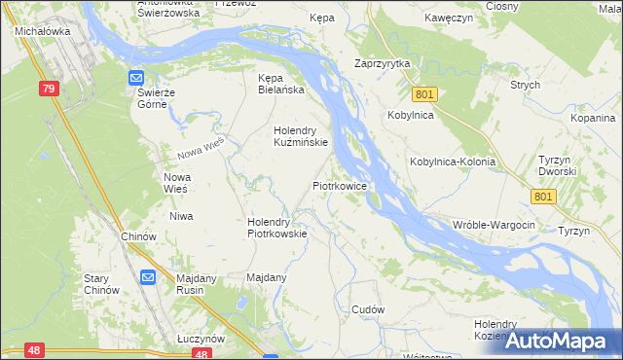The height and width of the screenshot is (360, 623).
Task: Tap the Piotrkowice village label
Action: click(x=339, y=184)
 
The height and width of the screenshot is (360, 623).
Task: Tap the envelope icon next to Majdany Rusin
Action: click(x=147, y=277)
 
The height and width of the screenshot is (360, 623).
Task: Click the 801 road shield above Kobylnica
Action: click(x=423, y=94)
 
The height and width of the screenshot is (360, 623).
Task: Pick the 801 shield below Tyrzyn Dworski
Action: click(x=544, y=197)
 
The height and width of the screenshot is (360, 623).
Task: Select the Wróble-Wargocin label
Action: click(x=494, y=225)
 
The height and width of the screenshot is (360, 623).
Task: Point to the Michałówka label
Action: click(x=39, y=31)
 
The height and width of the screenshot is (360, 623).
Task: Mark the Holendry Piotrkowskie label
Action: click(x=277, y=227)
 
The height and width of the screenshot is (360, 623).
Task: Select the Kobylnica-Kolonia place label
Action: click(x=453, y=162)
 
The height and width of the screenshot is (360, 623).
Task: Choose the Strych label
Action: click(x=525, y=85)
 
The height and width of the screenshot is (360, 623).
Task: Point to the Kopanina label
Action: click(x=593, y=117)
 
